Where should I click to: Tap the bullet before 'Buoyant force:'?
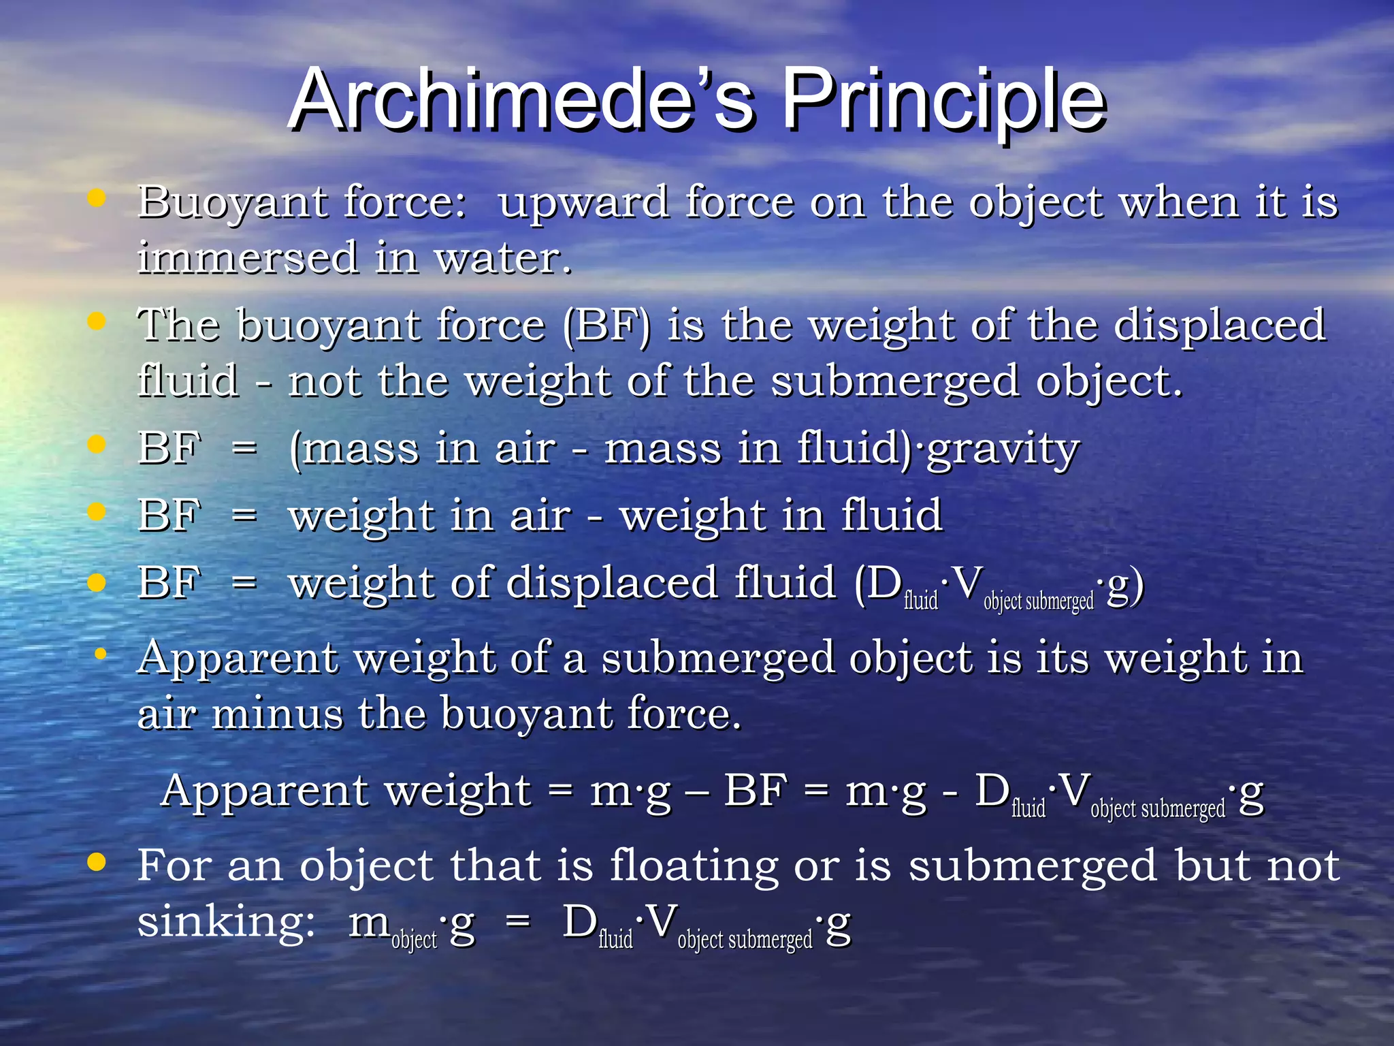click(97, 198)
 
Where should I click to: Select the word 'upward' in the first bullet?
click(583, 203)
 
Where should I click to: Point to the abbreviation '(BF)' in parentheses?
click(606, 326)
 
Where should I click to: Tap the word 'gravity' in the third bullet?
click(1003, 449)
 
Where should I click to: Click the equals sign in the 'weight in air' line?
click(244, 515)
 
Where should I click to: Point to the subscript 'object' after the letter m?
click(414, 940)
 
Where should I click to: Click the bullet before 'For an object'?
click(97, 861)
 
